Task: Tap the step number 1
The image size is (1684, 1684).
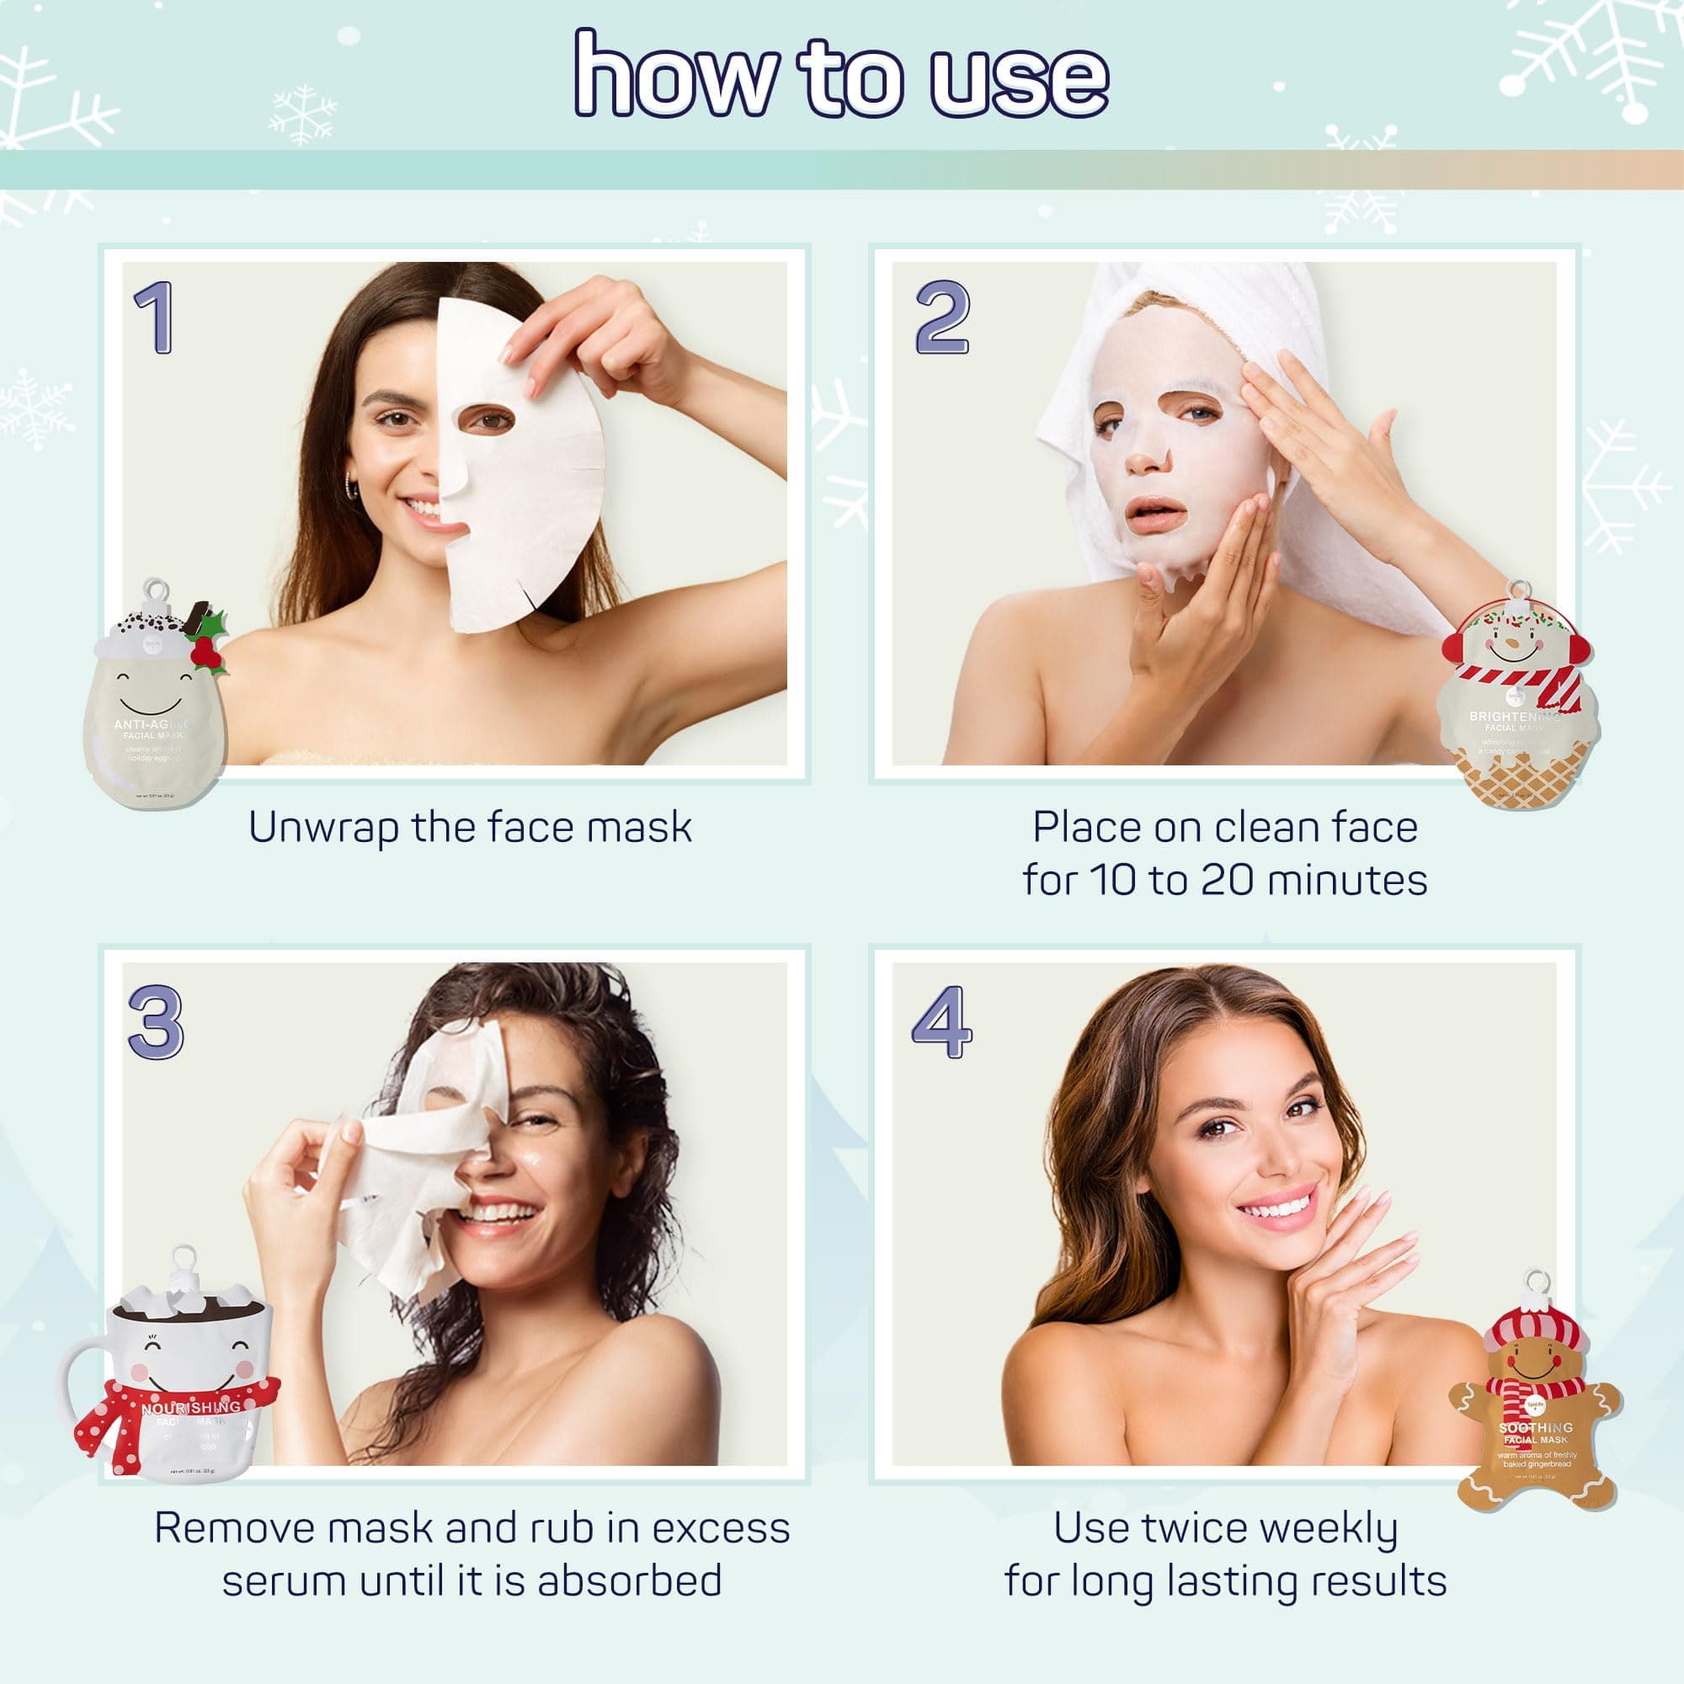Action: (x=155, y=317)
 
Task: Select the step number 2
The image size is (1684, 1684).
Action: (x=941, y=317)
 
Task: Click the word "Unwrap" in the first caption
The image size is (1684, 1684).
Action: (x=323, y=828)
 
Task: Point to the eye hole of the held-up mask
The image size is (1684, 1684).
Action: (x=486, y=419)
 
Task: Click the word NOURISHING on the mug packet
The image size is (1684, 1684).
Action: (x=191, y=1408)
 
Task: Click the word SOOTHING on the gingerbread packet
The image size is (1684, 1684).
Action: (x=1536, y=1428)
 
